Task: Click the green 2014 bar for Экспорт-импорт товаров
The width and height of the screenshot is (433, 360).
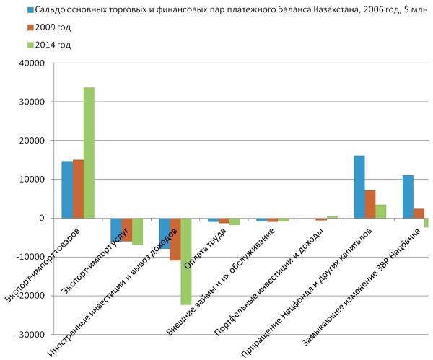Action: pyautogui.click(x=89, y=152)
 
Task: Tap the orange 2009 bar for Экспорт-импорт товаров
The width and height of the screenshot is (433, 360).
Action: pyautogui.click(x=78, y=188)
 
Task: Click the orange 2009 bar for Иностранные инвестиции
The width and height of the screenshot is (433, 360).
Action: pyautogui.click(x=175, y=239)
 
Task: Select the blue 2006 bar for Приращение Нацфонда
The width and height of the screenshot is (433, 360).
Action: pyautogui.click(x=359, y=187)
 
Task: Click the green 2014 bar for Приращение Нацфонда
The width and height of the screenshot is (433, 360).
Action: pyautogui.click(x=381, y=211)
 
